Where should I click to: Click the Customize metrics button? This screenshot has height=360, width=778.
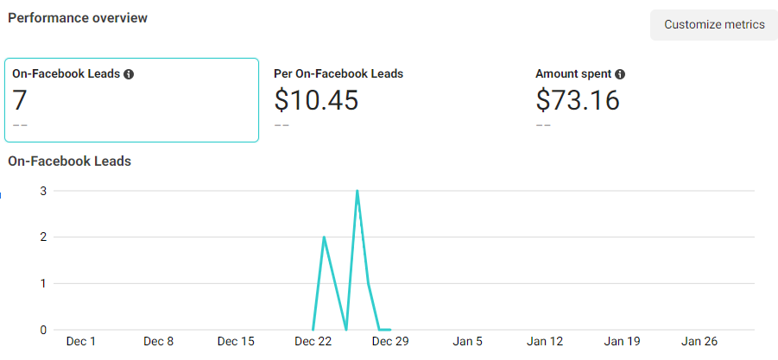[714, 25]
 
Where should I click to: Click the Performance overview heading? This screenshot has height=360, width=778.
[78, 18]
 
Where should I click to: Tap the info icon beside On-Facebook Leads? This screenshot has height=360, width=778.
[129, 74]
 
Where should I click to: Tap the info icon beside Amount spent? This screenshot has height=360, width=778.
[620, 74]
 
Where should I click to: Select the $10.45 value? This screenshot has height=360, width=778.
[316, 100]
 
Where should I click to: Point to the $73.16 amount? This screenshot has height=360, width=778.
[578, 100]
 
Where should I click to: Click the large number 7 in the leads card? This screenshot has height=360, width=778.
[20, 100]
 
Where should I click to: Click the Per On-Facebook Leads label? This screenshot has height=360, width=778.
[338, 74]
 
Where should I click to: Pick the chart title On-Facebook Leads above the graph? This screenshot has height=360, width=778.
[69, 161]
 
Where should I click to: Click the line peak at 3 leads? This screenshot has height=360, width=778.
[357, 191]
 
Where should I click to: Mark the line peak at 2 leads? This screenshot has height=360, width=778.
[324, 237]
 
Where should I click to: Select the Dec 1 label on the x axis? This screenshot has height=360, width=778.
[81, 341]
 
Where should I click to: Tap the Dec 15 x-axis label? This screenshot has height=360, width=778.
[236, 341]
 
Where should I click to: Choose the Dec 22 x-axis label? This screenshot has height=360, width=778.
[313, 341]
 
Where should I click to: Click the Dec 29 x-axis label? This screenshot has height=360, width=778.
[390, 341]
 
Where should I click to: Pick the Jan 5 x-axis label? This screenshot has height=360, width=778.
[467, 341]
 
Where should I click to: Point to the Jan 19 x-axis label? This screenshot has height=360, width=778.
[622, 341]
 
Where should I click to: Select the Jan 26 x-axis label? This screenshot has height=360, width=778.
[699, 341]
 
